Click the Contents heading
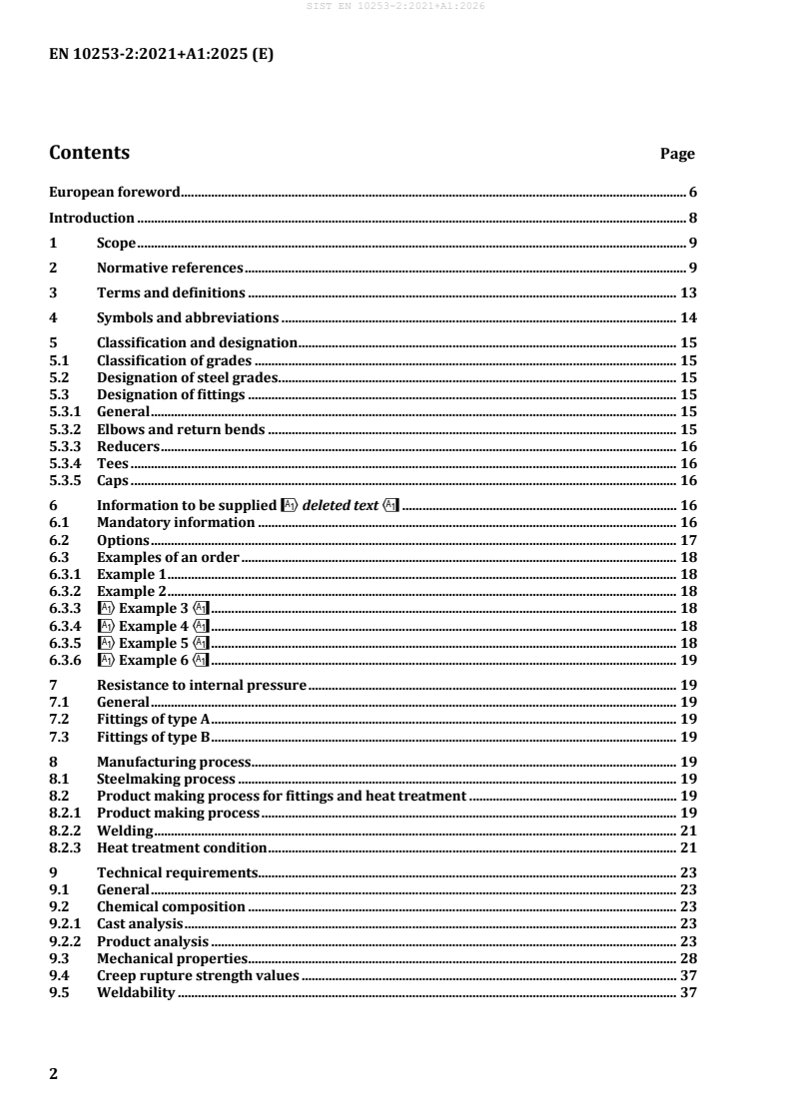(x=89, y=153)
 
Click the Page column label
(x=677, y=155)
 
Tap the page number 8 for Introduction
(x=692, y=218)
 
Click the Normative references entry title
(x=170, y=268)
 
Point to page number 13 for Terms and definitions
(x=688, y=292)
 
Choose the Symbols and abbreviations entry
(x=187, y=318)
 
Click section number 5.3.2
(x=66, y=430)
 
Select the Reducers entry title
(x=129, y=446)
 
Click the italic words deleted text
(x=341, y=505)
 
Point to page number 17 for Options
(x=688, y=539)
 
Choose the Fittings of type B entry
(x=153, y=737)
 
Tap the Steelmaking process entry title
(x=166, y=779)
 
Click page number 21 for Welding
(x=688, y=830)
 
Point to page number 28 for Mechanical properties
(x=688, y=958)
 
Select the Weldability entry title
(x=136, y=992)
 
